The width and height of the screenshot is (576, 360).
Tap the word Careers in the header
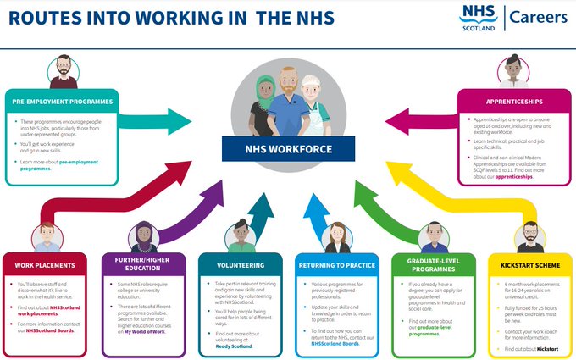tap(538, 17)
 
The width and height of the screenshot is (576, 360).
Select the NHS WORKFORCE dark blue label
tap(288, 150)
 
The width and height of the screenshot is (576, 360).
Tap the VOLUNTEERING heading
tap(231, 265)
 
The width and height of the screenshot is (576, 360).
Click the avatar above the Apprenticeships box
tap(512, 72)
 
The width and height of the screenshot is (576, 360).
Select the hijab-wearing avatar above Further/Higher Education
tap(141, 235)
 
